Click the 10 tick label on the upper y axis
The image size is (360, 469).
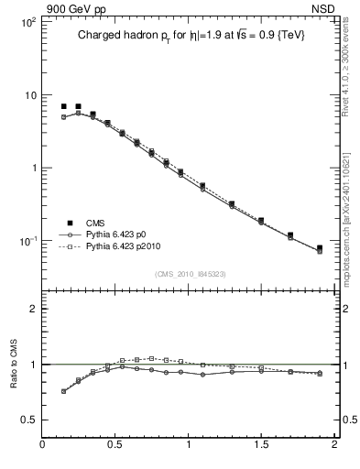pos(29,95)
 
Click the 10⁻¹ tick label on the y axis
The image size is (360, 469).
pos(27,241)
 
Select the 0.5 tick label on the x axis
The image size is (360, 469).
pos(115,449)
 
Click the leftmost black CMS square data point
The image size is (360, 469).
pos(64,107)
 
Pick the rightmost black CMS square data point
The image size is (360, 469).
pos(320,248)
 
